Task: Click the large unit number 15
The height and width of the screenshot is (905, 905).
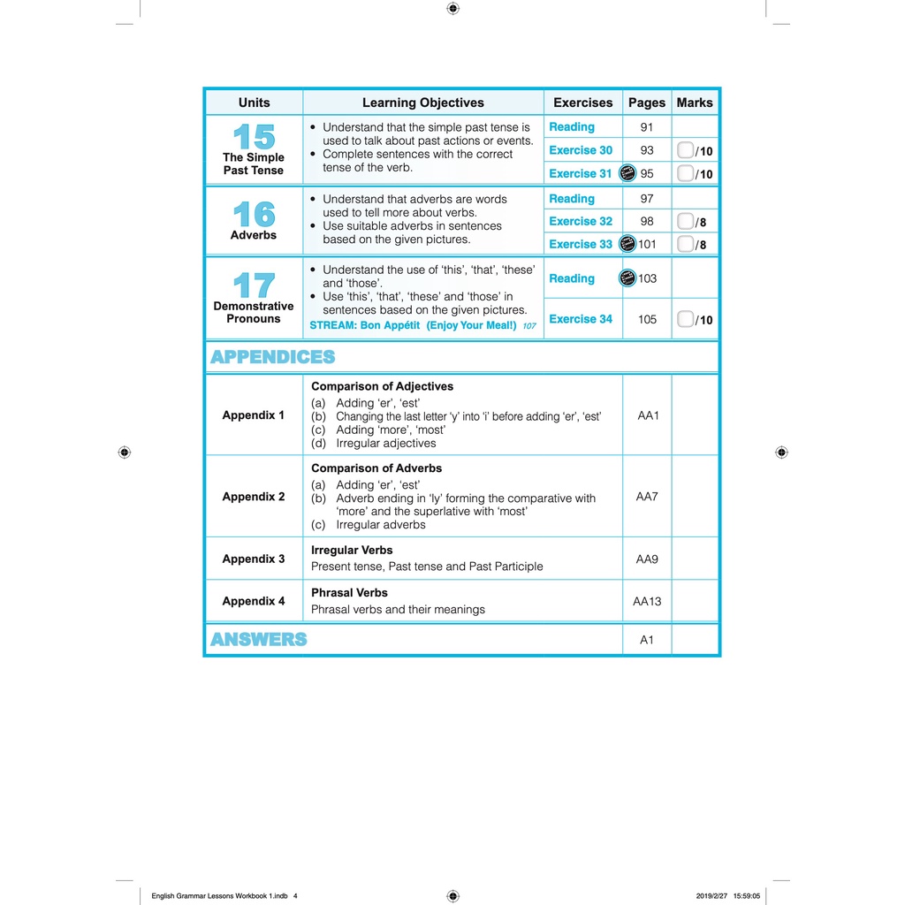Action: click(x=254, y=137)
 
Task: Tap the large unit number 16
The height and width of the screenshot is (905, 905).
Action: click(x=254, y=214)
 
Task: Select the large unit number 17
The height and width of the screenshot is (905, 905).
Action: click(x=254, y=285)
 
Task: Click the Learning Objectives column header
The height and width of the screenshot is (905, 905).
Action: click(x=423, y=103)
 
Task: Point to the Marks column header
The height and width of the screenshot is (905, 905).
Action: click(x=695, y=103)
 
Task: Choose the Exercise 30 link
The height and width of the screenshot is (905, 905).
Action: click(x=581, y=150)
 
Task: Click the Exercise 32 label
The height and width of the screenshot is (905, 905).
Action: click(x=581, y=221)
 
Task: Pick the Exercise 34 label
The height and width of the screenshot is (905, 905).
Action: click(x=581, y=319)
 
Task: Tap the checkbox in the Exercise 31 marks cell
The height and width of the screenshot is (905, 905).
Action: click(x=686, y=173)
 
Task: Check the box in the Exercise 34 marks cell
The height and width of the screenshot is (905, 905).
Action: click(x=686, y=319)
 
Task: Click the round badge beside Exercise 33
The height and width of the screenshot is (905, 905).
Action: click(x=627, y=244)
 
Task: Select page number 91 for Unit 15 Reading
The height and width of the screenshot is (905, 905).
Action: click(x=647, y=127)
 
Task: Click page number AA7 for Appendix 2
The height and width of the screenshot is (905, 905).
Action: click(x=647, y=497)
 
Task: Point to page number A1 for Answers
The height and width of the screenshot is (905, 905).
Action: click(x=647, y=640)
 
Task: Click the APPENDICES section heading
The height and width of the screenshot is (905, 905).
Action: click(x=273, y=357)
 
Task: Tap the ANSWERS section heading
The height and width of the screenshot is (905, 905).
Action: click(x=258, y=640)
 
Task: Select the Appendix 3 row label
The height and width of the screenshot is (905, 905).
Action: click(x=254, y=559)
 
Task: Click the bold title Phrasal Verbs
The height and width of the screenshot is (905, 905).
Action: click(x=349, y=593)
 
